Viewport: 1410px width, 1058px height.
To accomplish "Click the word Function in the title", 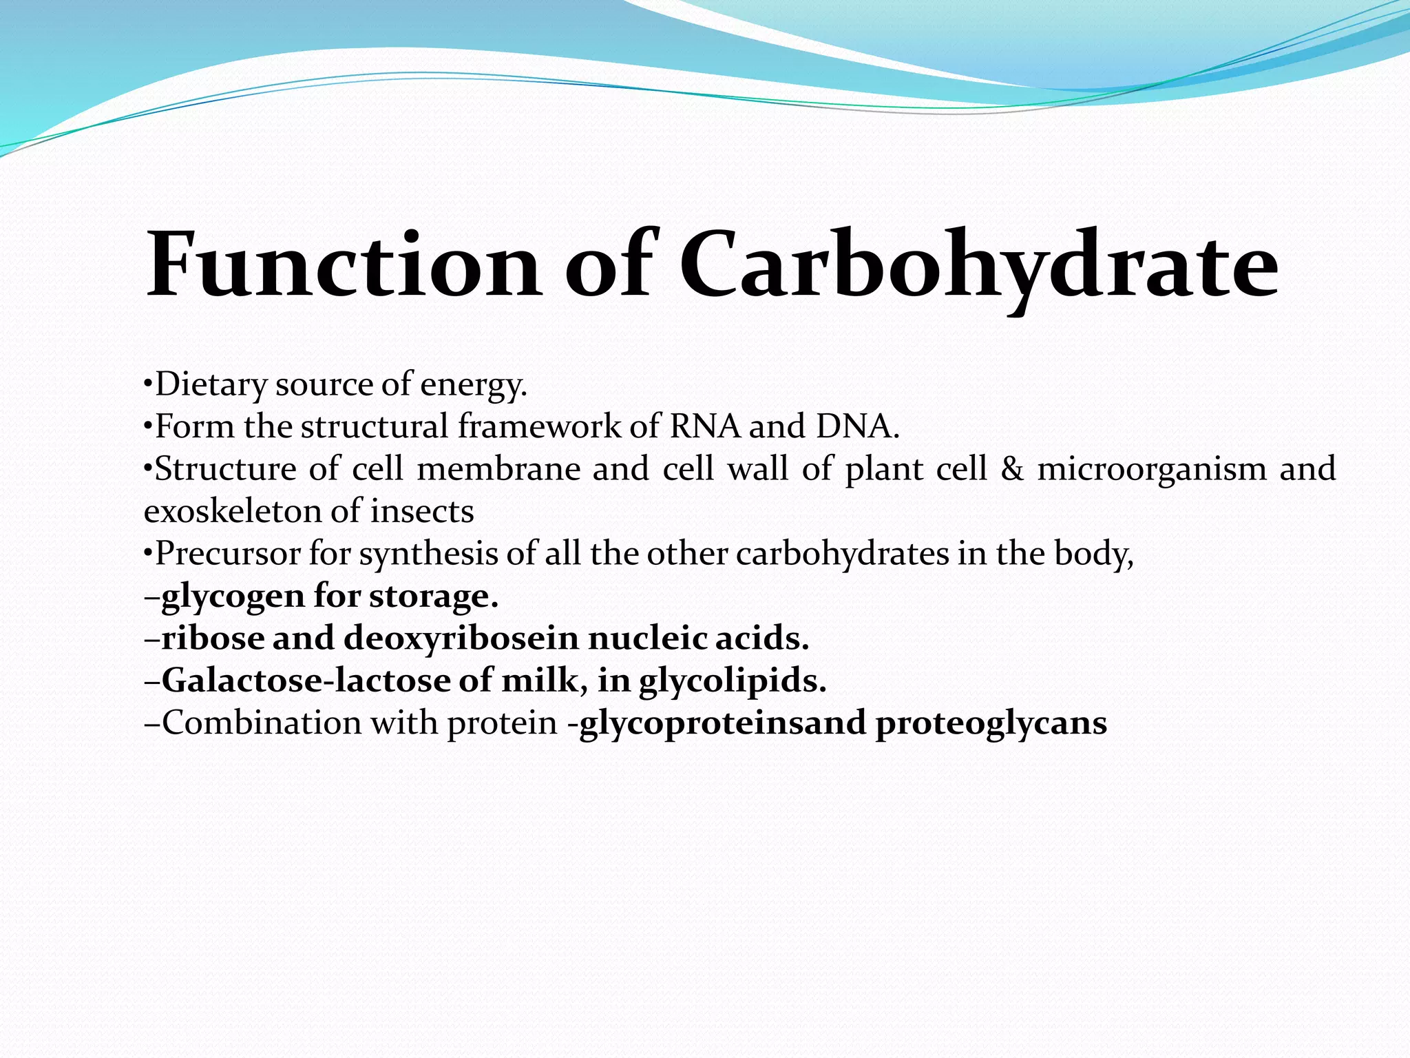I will (342, 265).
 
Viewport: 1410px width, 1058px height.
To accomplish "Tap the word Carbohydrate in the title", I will (978, 265).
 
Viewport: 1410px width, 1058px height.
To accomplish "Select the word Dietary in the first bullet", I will (211, 384).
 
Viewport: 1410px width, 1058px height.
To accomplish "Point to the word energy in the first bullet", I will (474, 384).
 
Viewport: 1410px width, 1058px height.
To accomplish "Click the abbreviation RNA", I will (705, 426).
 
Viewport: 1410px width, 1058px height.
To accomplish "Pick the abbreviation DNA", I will (856, 426).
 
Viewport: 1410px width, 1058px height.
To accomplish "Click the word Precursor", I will (228, 553).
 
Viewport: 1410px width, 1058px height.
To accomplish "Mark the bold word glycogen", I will (233, 597).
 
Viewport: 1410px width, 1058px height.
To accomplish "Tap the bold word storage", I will (433, 597).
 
